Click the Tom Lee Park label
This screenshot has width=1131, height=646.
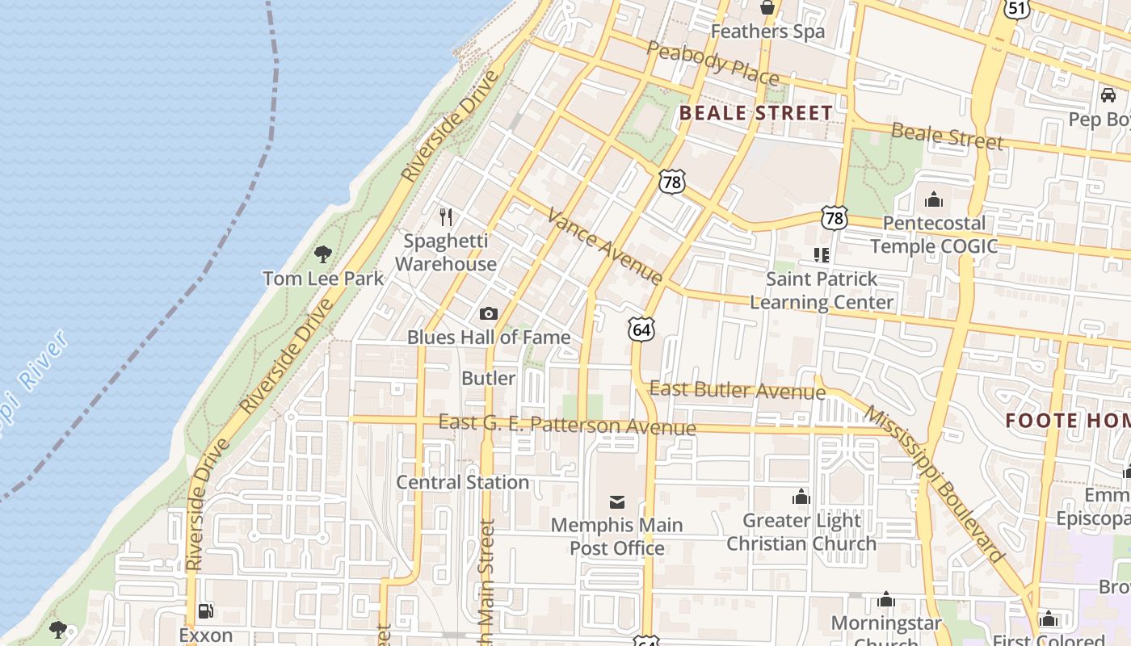pyautogui.click(x=323, y=279)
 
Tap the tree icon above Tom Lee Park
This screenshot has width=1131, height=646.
pyautogui.click(x=323, y=254)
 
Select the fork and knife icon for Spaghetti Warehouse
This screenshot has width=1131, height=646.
pyautogui.click(x=445, y=216)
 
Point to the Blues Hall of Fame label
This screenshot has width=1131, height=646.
pyautogui.click(x=489, y=337)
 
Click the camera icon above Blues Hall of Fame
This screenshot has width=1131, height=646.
pyautogui.click(x=489, y=313)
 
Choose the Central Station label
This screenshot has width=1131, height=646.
pyautogui.click(x=463, y=482)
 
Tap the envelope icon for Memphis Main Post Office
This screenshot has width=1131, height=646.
pyautogui.click(x=616, y=502)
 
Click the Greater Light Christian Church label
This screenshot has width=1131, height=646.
pyautogui.click(x=801, y=532)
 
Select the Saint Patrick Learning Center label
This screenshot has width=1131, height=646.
pyautogui.click(x=822, y=291)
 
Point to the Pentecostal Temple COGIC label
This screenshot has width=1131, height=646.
pyautogui.click(x=934, y=234)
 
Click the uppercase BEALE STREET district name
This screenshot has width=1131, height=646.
pyautogui.click(x=756, y=113)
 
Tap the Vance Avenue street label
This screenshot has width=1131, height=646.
pyautogui.click(x=605, y=245)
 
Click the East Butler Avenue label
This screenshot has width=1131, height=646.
pyautogui.click(x=738, y=390)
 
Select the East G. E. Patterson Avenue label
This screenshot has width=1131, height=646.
pyautogui.click(x=566, y=425)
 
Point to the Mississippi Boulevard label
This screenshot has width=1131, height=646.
pyautogui.click(x=935, y=484)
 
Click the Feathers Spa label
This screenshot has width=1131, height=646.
pyautogui.click(x=767, y=31)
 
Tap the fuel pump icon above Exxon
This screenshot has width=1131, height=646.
pyautogui.click(x=206, y=611)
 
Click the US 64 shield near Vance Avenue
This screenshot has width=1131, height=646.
pyautogui.click(x=641, y=329)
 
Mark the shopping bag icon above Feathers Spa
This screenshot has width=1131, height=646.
pyautogui.click(x=767, y=8)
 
